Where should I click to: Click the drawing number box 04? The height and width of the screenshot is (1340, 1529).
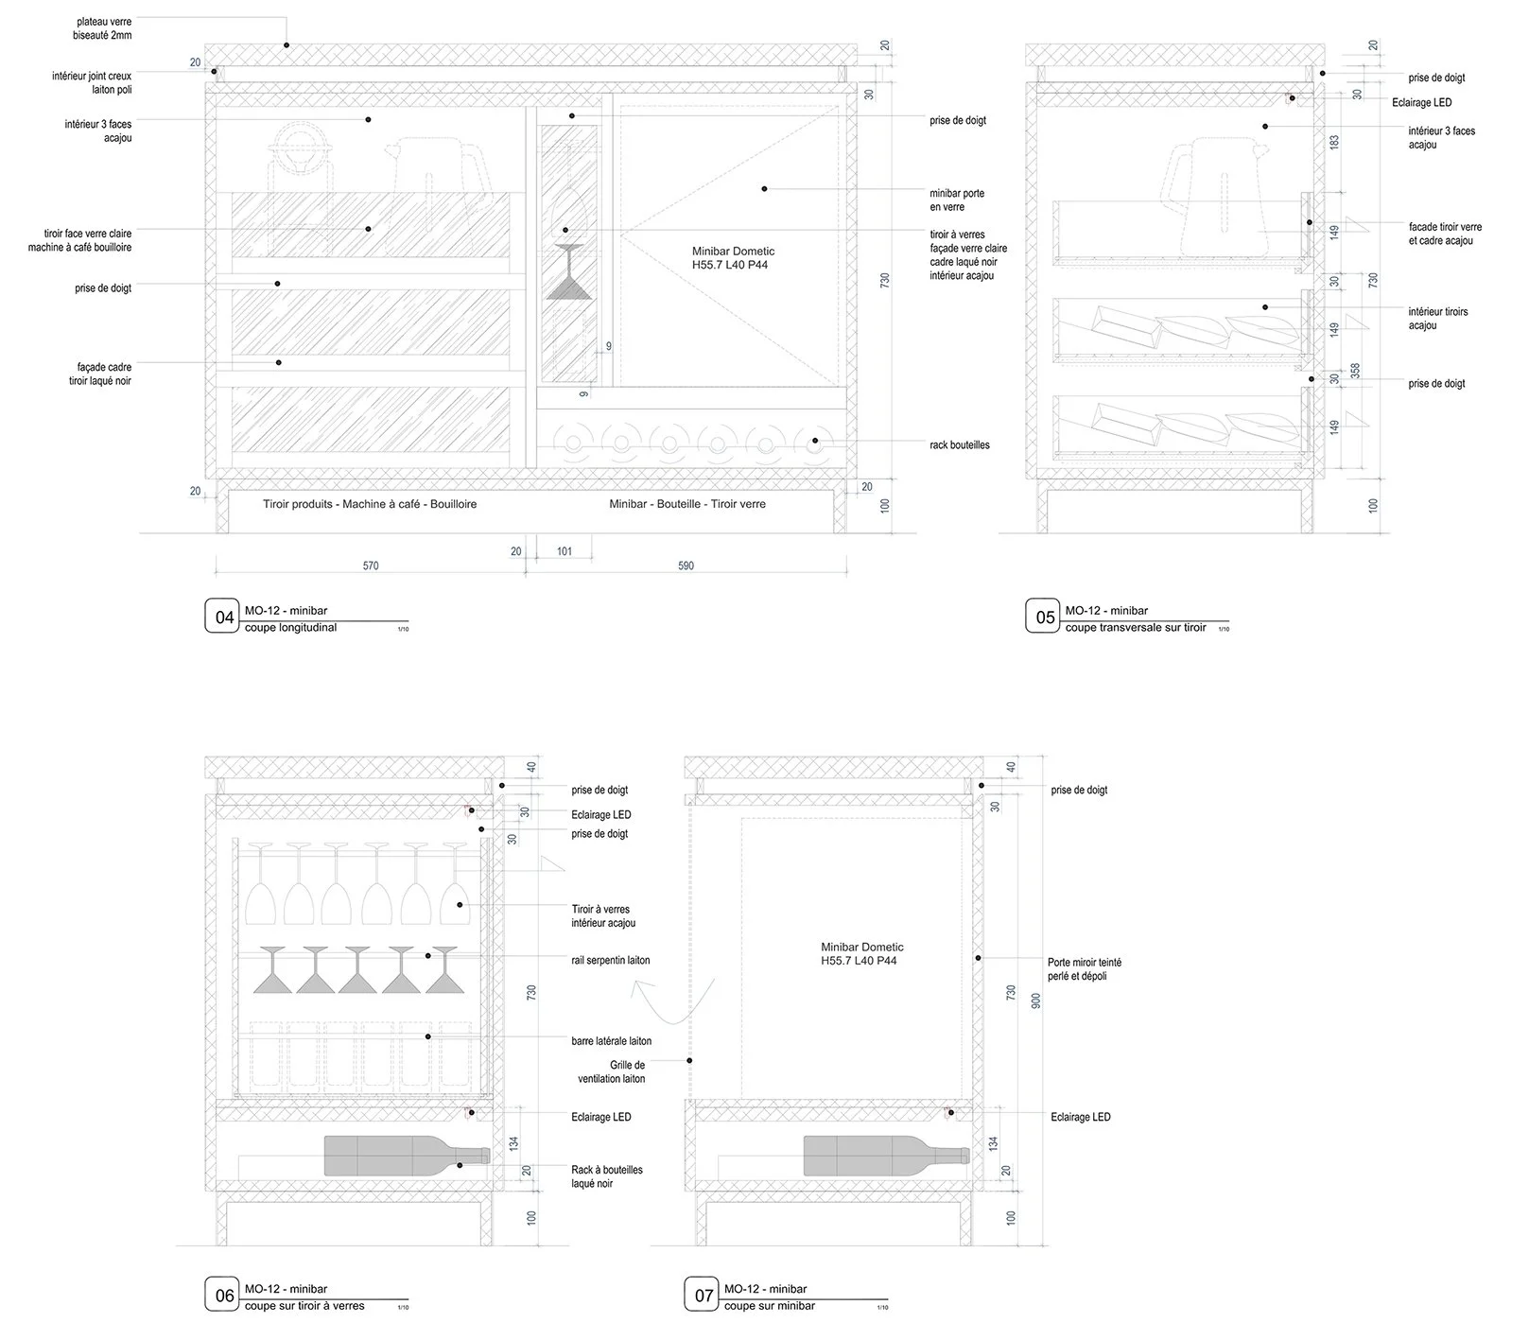tap(224, 618)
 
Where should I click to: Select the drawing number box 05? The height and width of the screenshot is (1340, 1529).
tap(1045, 618)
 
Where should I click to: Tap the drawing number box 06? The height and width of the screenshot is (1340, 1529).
tap(224, 1296)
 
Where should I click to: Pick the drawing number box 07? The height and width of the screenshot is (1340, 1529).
tap(704, 1296)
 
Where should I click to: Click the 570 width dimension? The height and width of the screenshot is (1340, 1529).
tap(371, 566)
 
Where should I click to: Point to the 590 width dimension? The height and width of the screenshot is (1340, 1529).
tap(686, 566)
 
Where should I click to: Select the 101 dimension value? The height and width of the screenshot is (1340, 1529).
tap(565, 551)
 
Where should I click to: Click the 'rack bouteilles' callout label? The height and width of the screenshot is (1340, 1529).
tap(960, 445)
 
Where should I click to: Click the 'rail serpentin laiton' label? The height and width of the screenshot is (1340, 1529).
tap(611, 961)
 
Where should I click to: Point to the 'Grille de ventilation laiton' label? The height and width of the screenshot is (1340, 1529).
tap(614, 1071)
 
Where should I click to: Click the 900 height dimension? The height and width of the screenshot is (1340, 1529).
tap(1035, 1001)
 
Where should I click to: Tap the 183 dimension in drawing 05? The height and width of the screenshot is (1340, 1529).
tap(1335, 142)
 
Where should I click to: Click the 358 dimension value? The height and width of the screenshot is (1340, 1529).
tap(1355, 371)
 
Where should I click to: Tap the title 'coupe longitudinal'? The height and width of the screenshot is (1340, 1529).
tap(290, 628)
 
